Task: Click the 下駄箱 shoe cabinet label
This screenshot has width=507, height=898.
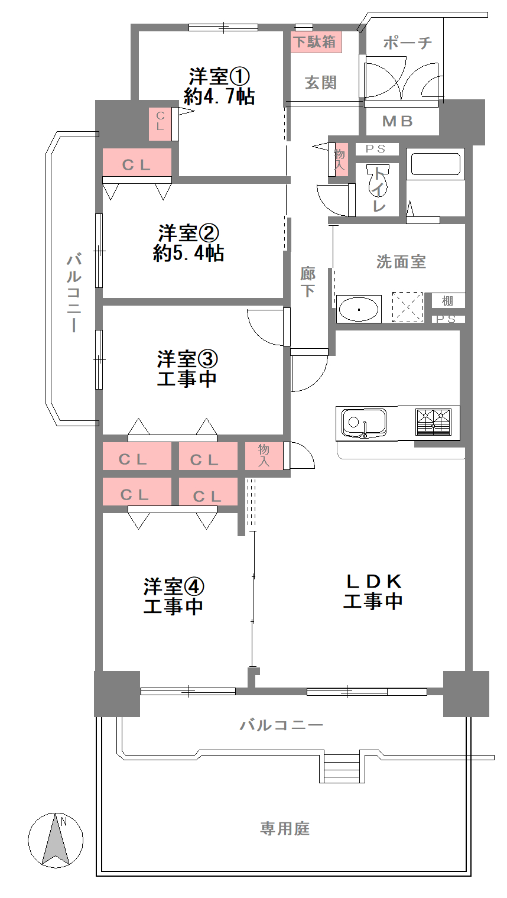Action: (316, 42)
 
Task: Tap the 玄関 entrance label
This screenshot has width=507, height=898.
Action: (321, 83)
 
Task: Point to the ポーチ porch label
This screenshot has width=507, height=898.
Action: (407, 42)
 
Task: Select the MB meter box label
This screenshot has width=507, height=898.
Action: (397, 121)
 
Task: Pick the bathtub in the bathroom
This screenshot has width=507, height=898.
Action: (435, 164)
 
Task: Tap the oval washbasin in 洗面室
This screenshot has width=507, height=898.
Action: (358, 309)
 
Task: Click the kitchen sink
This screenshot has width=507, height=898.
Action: (364, 423)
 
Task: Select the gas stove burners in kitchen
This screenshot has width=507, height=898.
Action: (433, 422)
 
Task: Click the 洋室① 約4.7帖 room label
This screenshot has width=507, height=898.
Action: (219, 86)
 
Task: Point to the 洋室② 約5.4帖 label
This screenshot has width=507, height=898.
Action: (188, 243)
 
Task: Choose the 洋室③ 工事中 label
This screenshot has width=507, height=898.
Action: (187, 368)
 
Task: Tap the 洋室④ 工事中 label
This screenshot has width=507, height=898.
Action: (174, 596)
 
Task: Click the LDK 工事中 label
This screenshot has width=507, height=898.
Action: (373, 591)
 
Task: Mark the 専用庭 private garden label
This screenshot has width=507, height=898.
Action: (285, 828)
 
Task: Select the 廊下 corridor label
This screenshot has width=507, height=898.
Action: (308, 282)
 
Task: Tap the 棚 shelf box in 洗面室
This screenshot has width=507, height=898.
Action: (448, 301)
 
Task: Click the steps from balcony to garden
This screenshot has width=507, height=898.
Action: (342, 768)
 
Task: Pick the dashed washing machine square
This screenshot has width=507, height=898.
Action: (407, 307)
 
